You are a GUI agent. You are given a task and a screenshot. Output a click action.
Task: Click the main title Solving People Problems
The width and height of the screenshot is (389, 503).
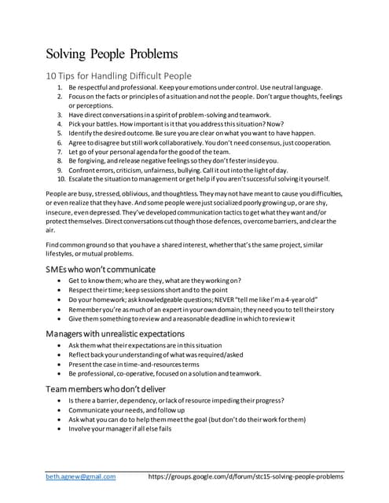coord(111,54)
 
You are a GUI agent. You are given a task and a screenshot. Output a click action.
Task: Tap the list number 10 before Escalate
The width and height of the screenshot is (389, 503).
coord(61,178)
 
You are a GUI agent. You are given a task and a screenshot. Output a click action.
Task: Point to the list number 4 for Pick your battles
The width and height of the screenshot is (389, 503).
coord(61,123)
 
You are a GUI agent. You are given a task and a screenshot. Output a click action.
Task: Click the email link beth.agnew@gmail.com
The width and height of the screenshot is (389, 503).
coord(80,476)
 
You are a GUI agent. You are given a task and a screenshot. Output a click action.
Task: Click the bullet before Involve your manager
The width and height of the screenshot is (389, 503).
coord(60,428)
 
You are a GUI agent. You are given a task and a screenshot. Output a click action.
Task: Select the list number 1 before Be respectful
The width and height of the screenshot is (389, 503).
coord(61,86)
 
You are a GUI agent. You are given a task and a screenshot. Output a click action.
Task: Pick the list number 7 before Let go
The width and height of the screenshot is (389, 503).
coord(61,151)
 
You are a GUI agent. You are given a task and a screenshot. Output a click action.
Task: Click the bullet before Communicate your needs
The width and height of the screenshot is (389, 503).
coord(60,409)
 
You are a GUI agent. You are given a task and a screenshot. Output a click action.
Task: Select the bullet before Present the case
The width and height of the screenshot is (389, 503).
coord(60,365)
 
